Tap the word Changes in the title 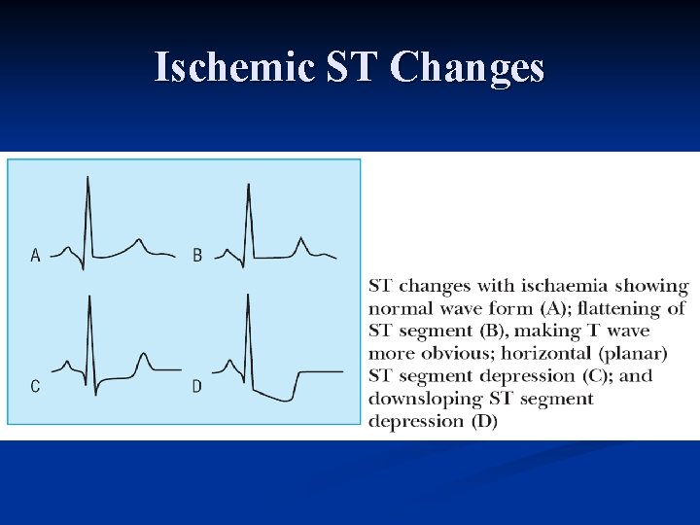coord(467,68)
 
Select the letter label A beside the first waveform coord(36,256)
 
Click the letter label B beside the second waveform coord(197,256)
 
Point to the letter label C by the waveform coord(36,386)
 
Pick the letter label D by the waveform coord(197,386)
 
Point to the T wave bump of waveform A coord(139,240)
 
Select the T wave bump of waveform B coord(300,239)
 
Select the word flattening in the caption coord(621,308)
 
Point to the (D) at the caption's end coord(483,421)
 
